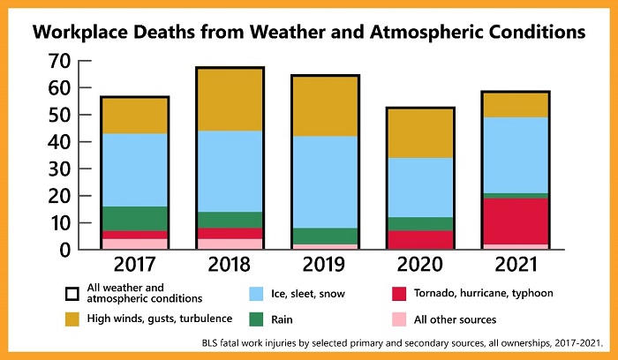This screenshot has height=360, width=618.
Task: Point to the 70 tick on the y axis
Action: click(59, 61)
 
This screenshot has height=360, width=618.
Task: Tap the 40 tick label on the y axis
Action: click(59, 142)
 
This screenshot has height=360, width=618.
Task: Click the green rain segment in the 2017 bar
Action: click(135, 219)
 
